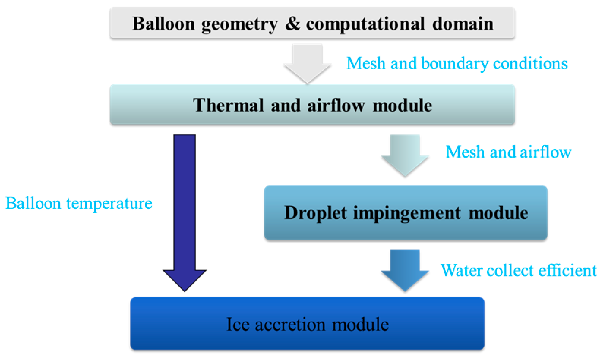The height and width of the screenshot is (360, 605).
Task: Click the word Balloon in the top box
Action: coord(164,24)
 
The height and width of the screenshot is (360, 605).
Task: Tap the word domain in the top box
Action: coord(463,24)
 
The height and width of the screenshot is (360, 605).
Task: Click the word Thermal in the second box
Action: coord(228,105)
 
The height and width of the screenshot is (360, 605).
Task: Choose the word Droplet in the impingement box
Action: coord(316,213)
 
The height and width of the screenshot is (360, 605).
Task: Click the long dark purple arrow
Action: coord(185,213)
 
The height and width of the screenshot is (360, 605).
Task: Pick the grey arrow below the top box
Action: coord(307,64)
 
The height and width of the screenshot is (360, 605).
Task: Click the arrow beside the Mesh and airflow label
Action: coord(404,156)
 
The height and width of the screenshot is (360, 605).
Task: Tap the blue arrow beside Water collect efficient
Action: coord(404,271)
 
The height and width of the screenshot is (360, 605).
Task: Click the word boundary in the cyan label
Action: coord(455,64)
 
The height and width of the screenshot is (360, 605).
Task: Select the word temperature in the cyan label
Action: coord(109,204)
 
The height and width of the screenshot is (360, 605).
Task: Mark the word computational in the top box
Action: coord(365,24)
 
